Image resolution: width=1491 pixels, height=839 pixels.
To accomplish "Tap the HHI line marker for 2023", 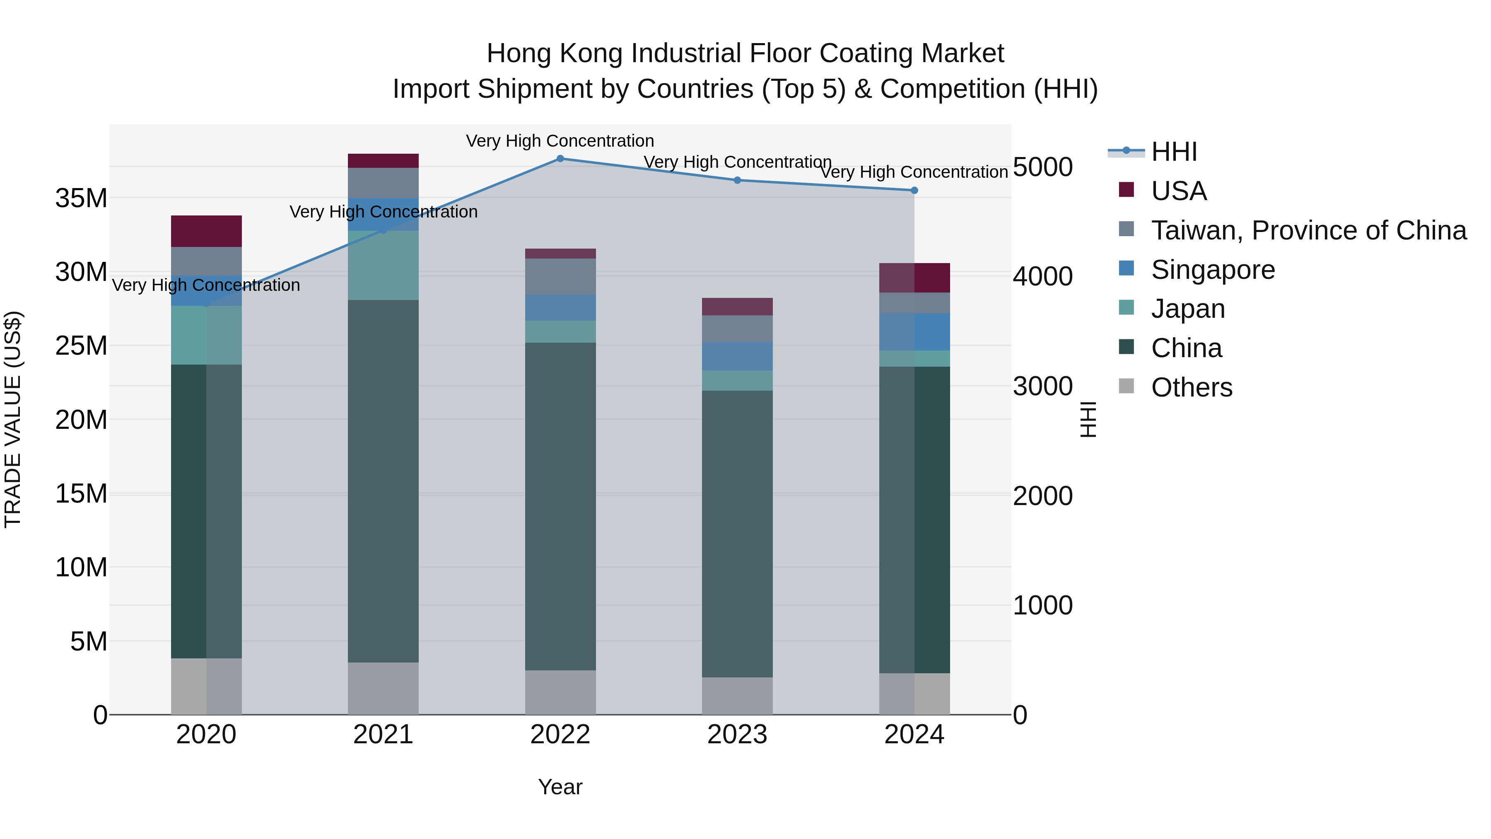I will tap(737, 180).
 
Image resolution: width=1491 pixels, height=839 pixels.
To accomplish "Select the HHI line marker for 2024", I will tap(914, 191).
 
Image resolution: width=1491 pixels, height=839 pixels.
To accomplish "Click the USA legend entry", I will tap(1178, 191).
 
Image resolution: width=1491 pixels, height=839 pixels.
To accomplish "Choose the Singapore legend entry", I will tap(1213, 270).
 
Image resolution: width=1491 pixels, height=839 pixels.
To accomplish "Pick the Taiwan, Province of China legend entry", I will tap(1308, 230).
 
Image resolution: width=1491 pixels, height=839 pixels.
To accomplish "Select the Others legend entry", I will tap(1191, 387).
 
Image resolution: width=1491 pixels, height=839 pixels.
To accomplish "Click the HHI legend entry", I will tap(1174, 152).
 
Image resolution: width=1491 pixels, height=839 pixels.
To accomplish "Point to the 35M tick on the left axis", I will tap(81, 198).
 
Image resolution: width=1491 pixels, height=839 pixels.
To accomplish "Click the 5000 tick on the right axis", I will tap(1042, 167).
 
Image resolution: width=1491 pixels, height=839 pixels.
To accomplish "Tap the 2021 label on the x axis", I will tap(383, 735).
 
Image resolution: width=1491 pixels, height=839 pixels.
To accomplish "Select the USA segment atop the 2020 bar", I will tap(206, 231).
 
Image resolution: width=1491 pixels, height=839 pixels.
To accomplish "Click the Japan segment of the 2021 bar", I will tap(383, 265).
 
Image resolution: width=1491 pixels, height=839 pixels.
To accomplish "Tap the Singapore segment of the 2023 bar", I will tap(737, 356).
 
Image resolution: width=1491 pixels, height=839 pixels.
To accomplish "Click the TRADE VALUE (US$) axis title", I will tap(13, 419).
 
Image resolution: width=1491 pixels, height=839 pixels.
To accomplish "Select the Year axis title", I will tap(560, 787).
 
